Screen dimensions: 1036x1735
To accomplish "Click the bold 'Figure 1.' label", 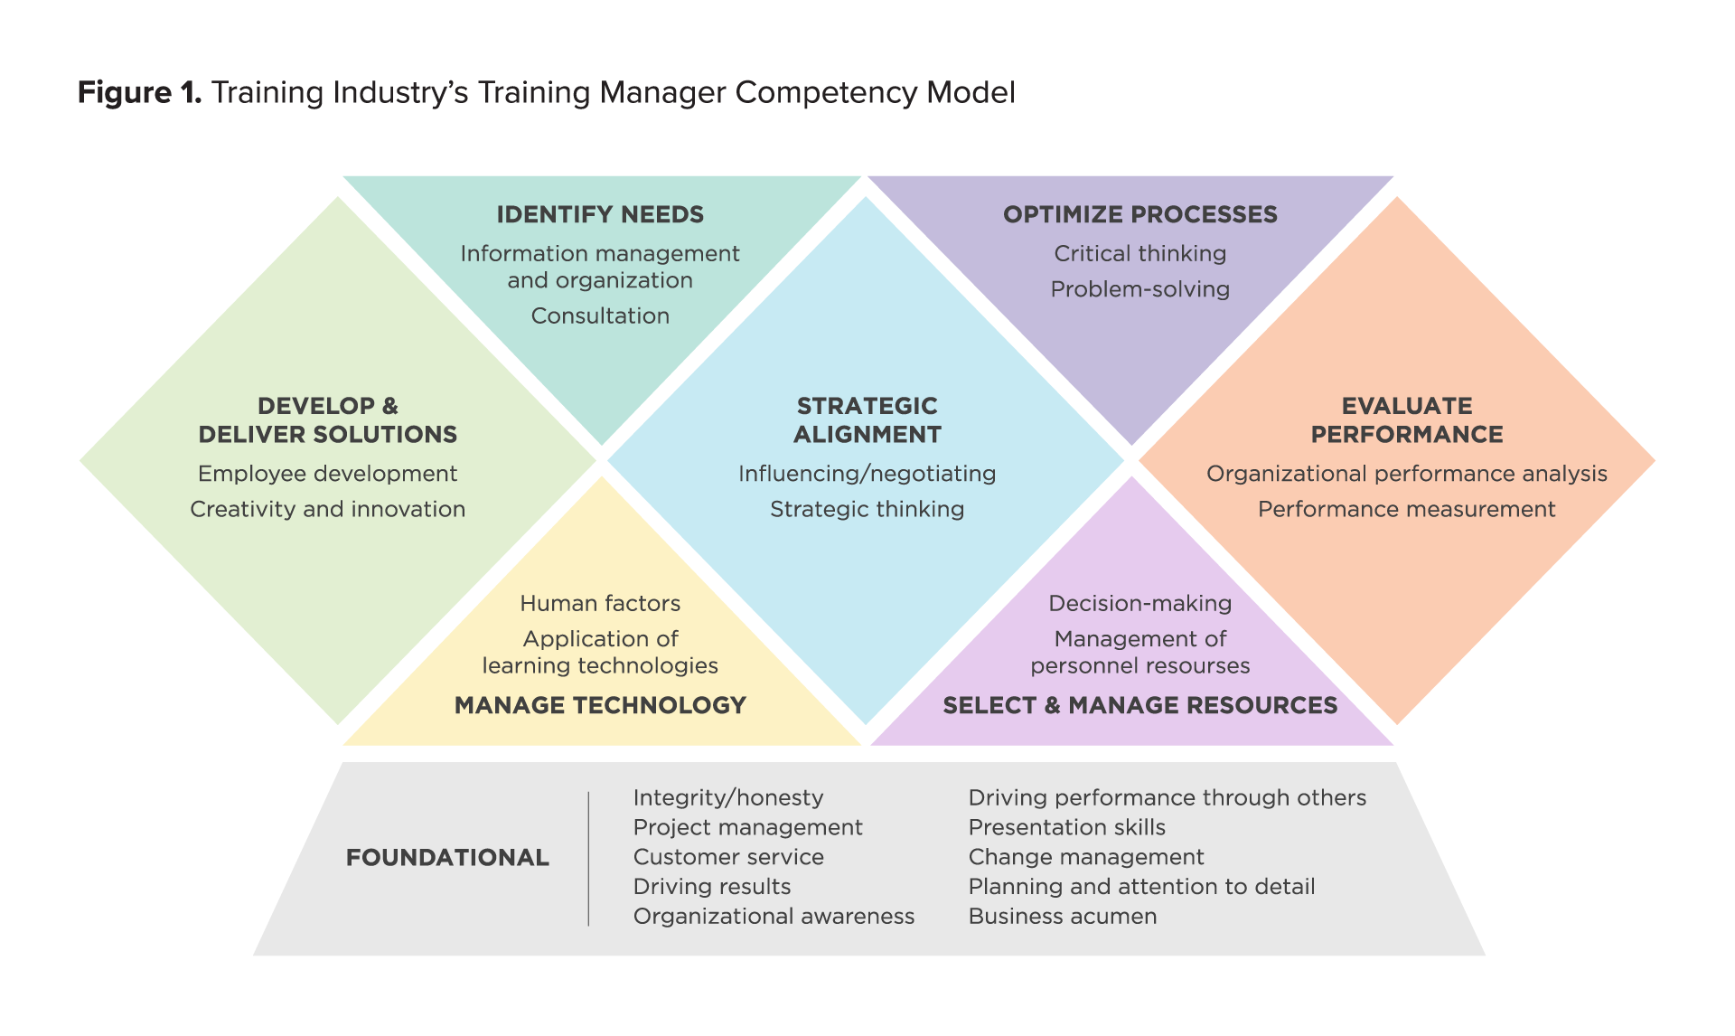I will tap(139, 93).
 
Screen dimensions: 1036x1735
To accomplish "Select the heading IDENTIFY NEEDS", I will tap(600, 215).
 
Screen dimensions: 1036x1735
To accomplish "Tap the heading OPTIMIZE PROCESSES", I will tap(1139, 215).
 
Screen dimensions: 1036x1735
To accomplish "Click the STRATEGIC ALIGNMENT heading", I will tap(867, 420).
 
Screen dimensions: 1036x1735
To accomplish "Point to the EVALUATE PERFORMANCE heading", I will tap(1406, 420).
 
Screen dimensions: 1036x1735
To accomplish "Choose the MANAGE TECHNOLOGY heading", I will tap(600, 706).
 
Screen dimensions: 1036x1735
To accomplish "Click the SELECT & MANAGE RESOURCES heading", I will tap(1139, 706).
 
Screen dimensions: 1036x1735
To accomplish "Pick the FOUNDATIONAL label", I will tap(447, 858).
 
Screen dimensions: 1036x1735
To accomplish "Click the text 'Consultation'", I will tap(600, 316).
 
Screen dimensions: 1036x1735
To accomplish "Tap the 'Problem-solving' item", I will tap(1139, 290).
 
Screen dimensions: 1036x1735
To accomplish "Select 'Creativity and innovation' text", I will tap(328, 510).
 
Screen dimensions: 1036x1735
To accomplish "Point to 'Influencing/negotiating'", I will tap(867, 475).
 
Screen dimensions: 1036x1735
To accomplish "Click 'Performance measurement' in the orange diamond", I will tap(1406, 510).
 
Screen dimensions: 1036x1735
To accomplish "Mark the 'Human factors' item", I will tap(600, 604).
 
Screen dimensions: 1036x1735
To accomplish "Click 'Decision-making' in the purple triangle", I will tap(1139, 604).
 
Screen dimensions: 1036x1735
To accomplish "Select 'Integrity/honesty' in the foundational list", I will tap(728, 798).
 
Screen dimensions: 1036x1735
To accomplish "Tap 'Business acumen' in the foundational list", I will tap(1062, 917).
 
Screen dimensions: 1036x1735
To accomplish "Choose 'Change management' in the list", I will tap(1085, 857).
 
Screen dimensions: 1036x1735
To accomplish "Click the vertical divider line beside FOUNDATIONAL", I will tap(588, 859).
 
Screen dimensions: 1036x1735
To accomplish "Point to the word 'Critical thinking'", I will tap(1139, 254).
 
